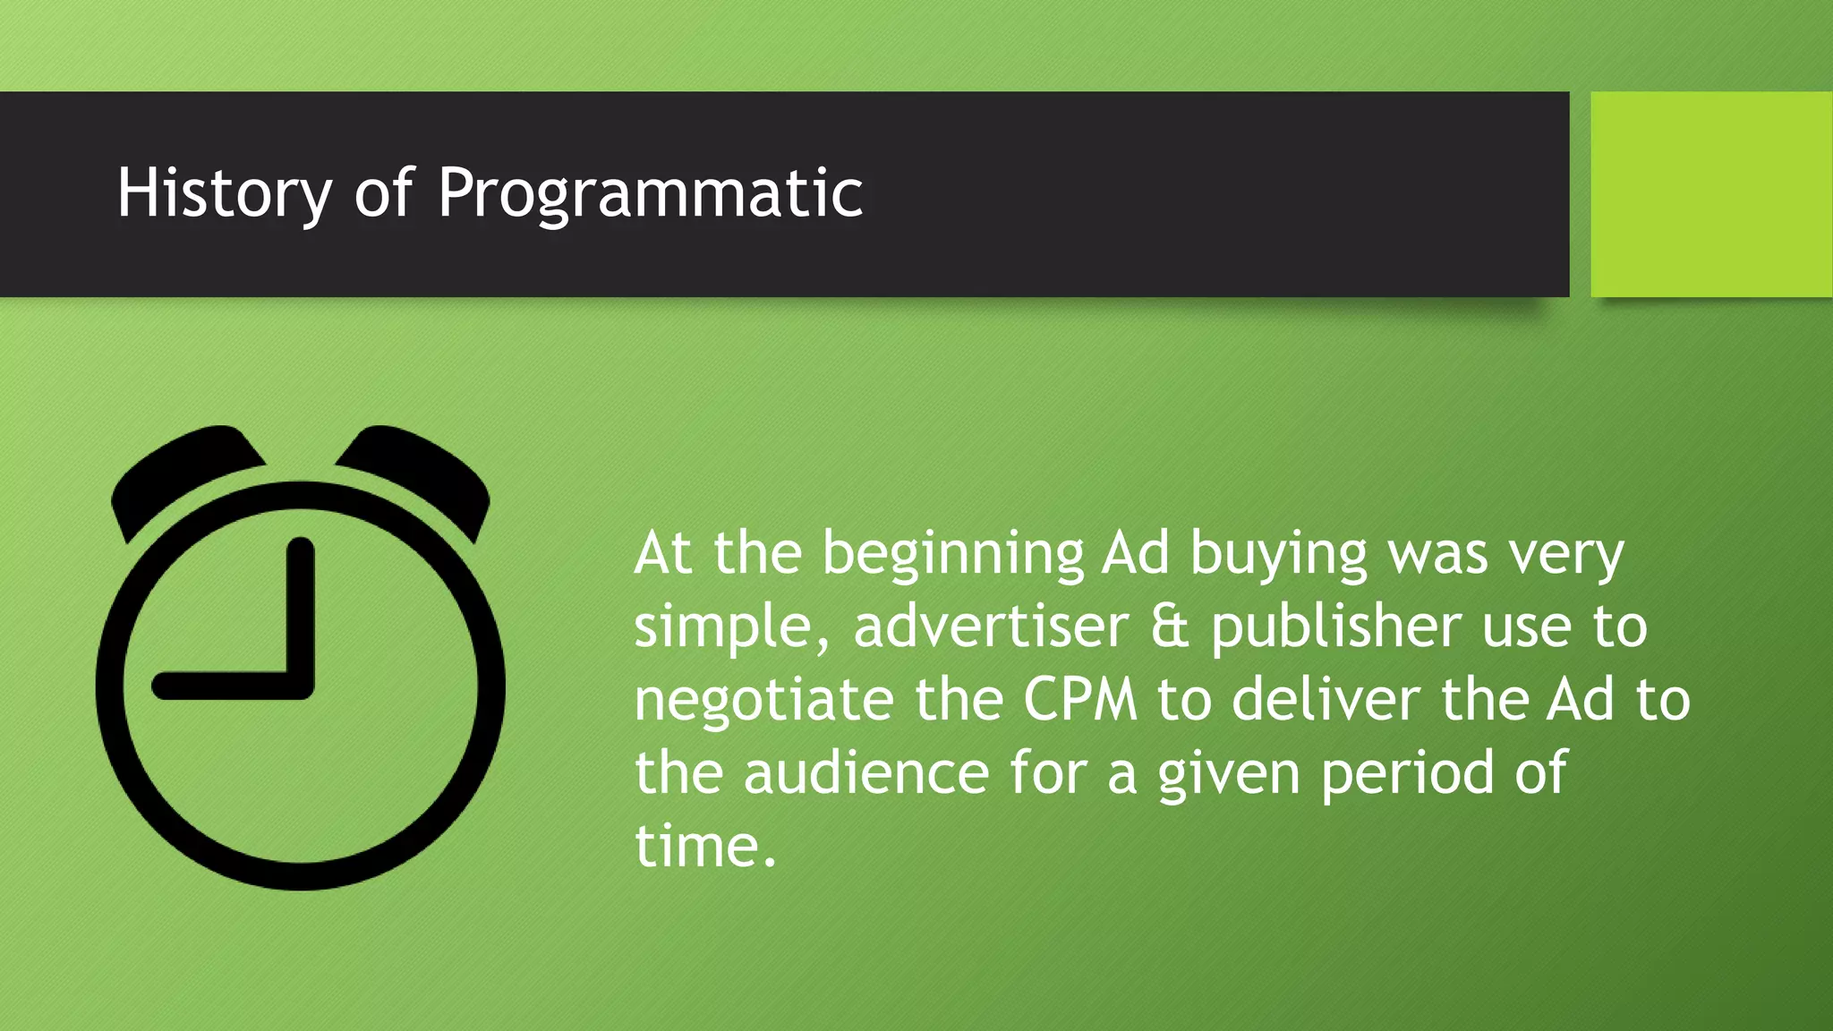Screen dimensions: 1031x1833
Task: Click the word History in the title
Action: (224, 193)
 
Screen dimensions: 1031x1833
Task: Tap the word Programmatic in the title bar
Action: (651, 193)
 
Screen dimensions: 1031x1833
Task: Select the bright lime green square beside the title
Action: (1711, 193)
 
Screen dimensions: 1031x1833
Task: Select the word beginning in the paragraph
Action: (953, 555)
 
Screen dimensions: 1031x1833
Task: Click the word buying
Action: (1278, 555)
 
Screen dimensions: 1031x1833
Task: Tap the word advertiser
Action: (991, 626)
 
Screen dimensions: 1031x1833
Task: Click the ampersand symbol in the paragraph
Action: (1170, 626)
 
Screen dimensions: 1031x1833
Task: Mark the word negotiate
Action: (763, 701)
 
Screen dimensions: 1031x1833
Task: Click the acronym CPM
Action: (1080, 700)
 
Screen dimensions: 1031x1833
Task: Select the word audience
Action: (866, 772)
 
